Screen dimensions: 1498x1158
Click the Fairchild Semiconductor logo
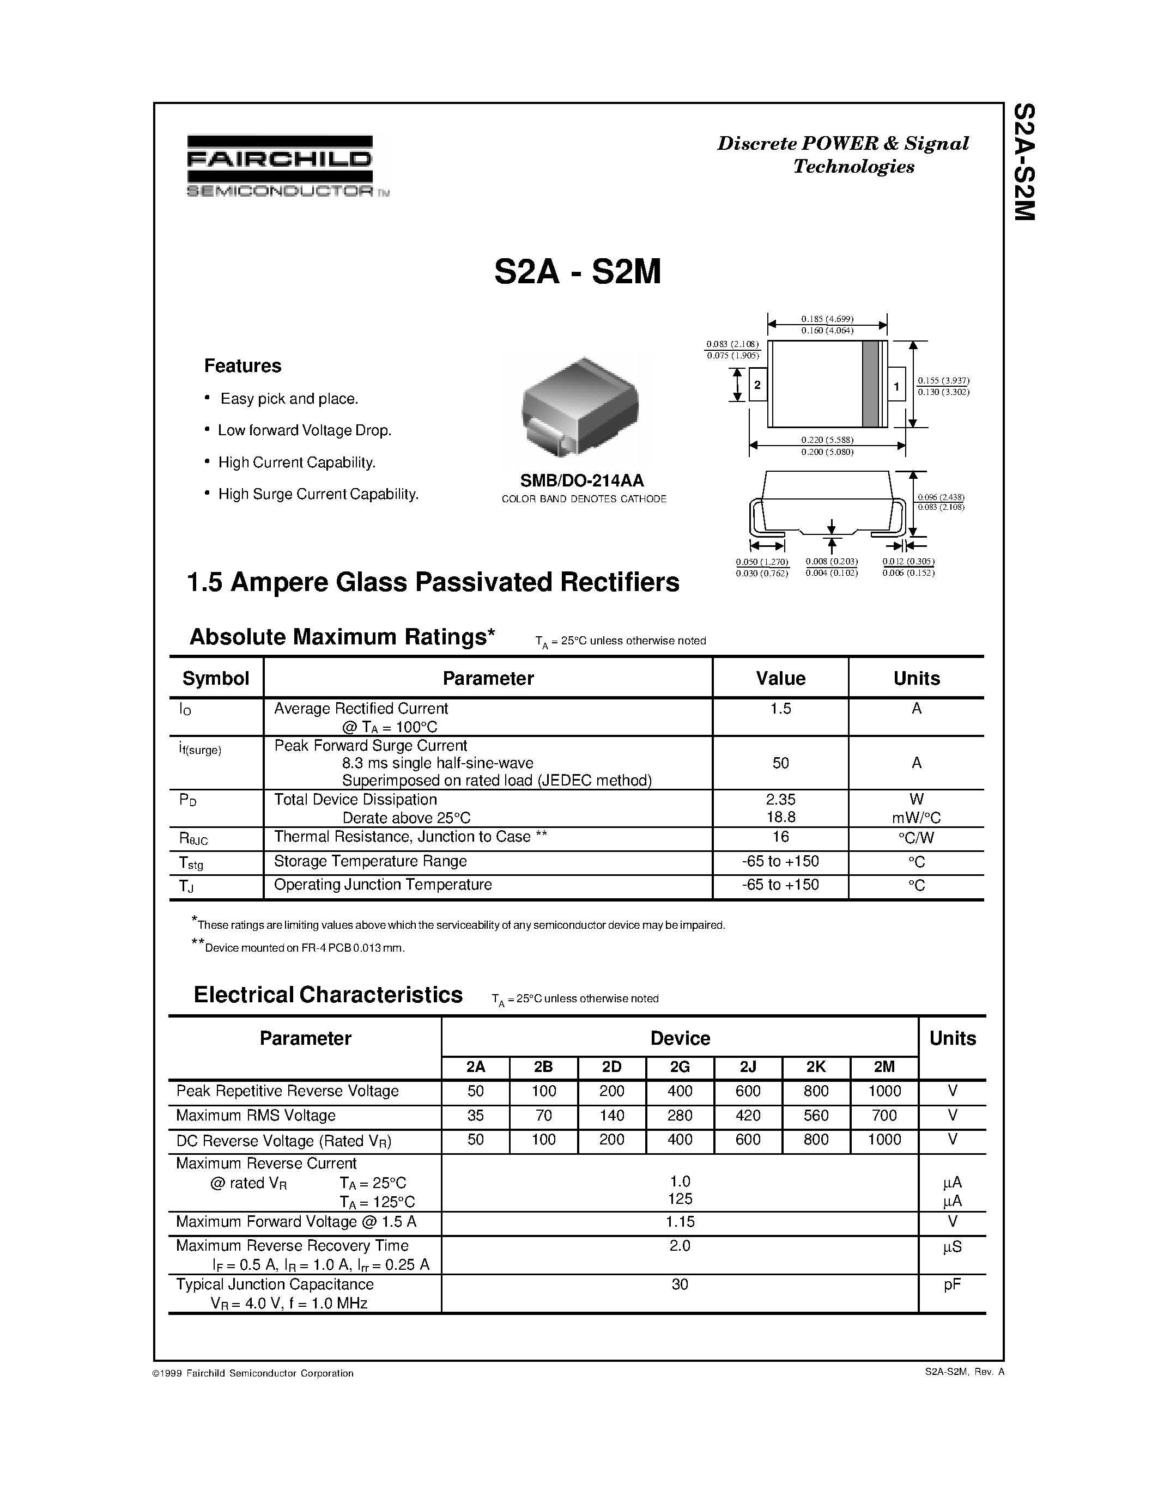tap(280, 166)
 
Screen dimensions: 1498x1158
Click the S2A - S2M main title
tap(577, 272)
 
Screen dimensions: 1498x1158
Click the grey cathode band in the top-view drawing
tap(870, 383)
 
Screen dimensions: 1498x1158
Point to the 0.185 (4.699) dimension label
tap(827, 318)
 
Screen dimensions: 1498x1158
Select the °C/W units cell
tap(916, 837)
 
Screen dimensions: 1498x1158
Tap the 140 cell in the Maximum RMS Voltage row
tap(611, 1115)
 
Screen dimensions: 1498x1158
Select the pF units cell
tap(951, 1284)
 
